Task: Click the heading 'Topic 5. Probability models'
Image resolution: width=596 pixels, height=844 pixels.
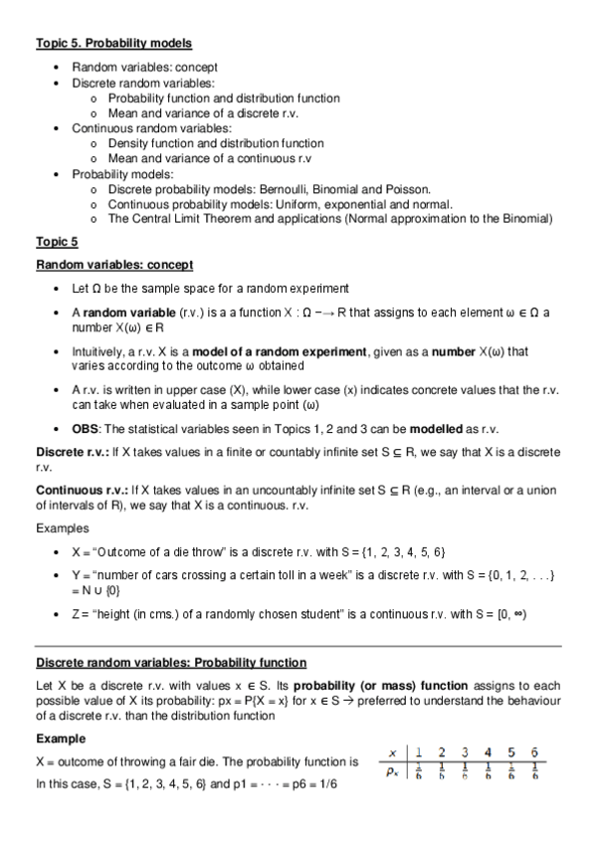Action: (x=114, y=44)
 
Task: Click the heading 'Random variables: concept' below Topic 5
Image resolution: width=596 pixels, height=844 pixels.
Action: (x=114, y=265)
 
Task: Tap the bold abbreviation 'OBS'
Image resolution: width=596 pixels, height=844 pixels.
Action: (x=86, y=429)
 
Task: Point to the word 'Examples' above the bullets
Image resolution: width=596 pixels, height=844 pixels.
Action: (x=62, y=528)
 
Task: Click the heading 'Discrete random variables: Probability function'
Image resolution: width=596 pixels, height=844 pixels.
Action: (x=171, y=662)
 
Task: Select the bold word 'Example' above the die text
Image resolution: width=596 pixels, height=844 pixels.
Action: (x=61, y=739)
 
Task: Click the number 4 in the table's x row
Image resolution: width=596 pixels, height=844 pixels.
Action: (x=488, y=751)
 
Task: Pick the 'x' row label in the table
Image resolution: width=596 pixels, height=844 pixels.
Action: (x=393, y=752)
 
